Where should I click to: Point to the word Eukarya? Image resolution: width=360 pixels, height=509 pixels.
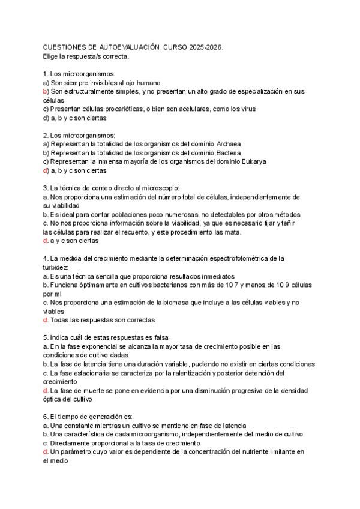pyautogui.click(x=251, y=161)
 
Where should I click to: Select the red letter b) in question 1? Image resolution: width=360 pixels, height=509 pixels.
pyautogui.click(x=46, y=91)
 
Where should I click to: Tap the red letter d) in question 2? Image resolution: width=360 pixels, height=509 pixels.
pyautogui.click(x=46, y=170)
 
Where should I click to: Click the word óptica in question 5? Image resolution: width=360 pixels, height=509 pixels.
pyautogui.click(x=55, y=399)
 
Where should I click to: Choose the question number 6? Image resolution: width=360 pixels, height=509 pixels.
pyautogui.click(x=46, y=417)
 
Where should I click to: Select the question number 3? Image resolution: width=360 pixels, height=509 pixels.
pyautogui.click(x=46, y=188)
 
